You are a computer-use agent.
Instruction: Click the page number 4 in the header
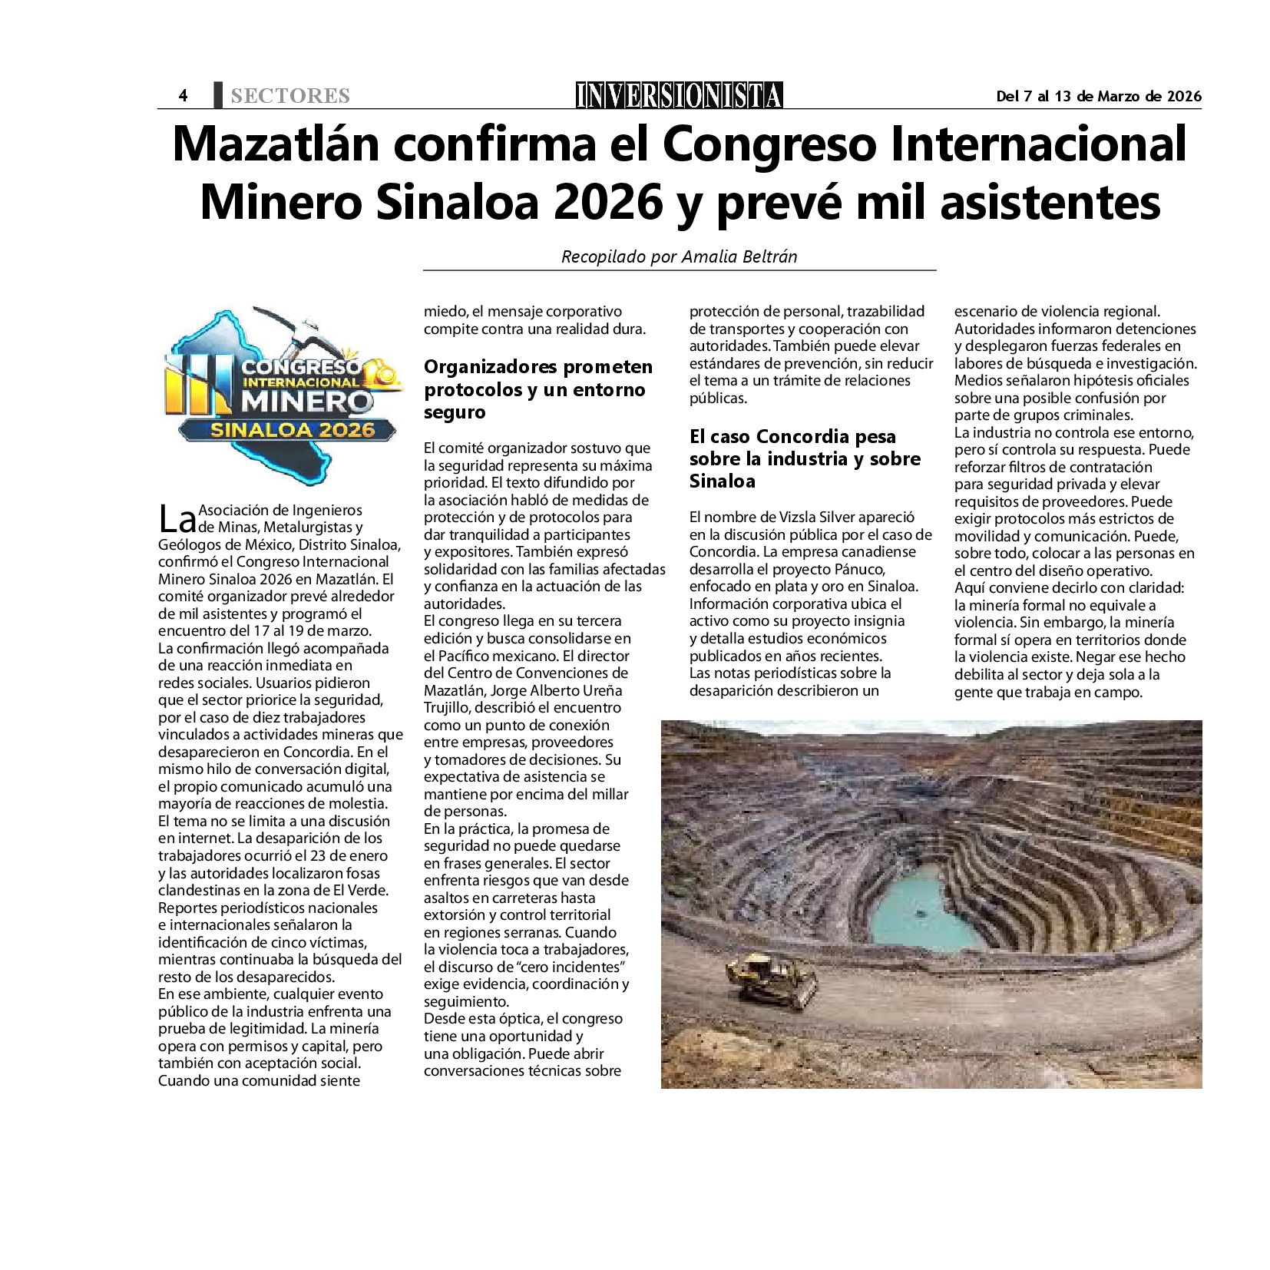pyautogui.click(x=183, y=96)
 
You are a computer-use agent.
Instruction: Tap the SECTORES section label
pyautogui.click(x=289, y=96)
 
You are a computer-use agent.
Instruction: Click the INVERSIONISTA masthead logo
pyautogui.click(x=679, y=95)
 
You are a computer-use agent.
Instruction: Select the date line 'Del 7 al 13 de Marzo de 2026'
pyautogui.click(x=1098, y=96)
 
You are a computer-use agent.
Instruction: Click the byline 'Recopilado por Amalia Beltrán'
pyautogui.click(x=679, y=256)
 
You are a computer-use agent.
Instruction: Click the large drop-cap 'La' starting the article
pyautogui.click(x=177, y=520)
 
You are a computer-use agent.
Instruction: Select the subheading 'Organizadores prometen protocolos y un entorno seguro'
pyautogui.click(x=537, y=389)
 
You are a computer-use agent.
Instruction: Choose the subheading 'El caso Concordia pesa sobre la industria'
pyautogui.click(x=804, y=458)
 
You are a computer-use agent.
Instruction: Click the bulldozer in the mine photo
pyautogui.click(x=772, y=981)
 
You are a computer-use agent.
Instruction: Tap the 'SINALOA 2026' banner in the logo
pyautogui.click(x=292, y=430)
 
